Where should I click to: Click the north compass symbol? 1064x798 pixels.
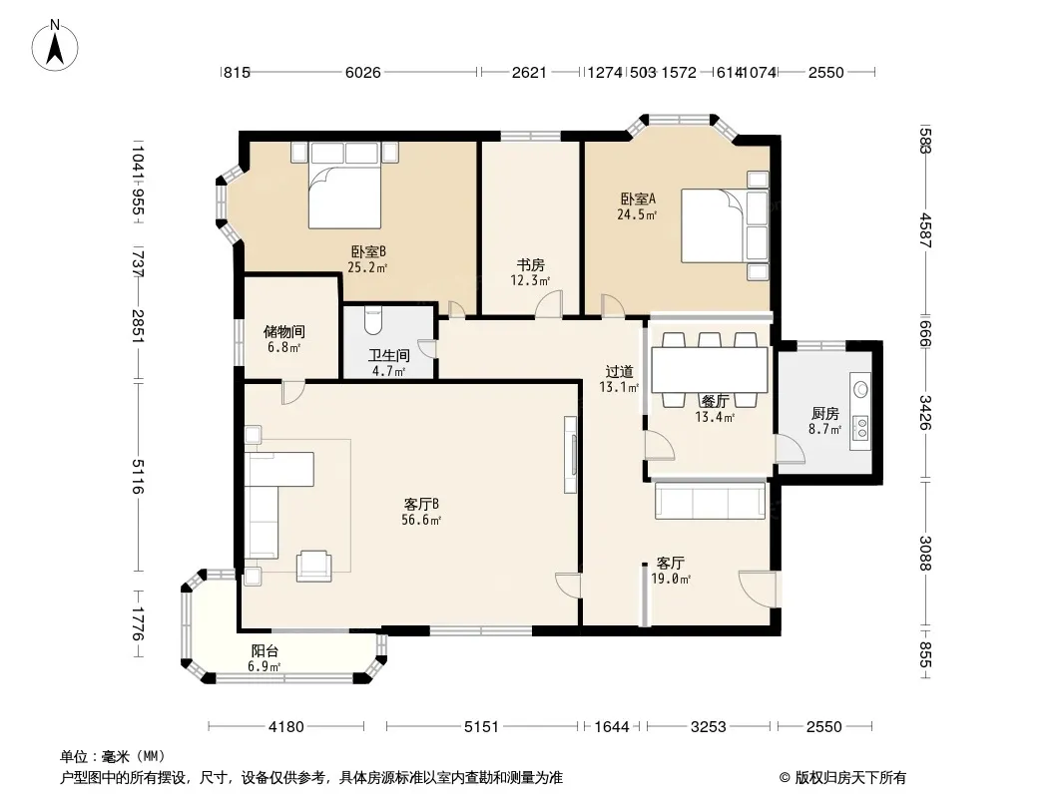[54, 46]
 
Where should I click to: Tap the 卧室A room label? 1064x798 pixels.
[637, 199]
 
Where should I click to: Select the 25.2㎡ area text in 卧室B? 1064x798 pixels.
[367, 267]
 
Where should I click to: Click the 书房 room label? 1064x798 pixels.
[530, 265]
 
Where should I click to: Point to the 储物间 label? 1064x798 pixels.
[283, 331]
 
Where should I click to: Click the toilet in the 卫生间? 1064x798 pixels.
[373, 320]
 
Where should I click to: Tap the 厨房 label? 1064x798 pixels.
[825, 414]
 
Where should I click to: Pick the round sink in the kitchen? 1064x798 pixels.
[861, 389]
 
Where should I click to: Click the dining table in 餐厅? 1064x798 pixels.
[709, 370]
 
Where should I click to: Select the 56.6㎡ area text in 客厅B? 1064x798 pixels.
[421, 520]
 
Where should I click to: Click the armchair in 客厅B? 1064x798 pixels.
[314, 566]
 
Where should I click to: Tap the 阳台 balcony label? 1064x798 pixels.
[265, 651]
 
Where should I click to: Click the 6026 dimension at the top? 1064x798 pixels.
[363, 73]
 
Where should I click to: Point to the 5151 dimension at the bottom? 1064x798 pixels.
[481, 727]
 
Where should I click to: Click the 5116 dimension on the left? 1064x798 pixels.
[138, 478]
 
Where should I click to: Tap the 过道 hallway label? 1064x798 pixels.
[619, 371]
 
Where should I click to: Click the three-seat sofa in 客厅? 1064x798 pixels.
[710, 500]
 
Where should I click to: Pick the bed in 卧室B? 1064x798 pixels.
[344, 186]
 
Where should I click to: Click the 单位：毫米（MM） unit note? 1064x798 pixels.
[113, 757]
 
